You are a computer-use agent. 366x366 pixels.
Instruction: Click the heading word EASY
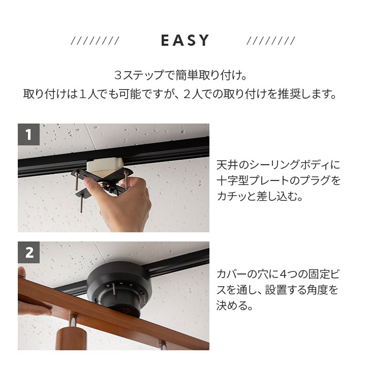(x=185, y=41)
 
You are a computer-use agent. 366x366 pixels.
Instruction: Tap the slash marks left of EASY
(x=95, y=41)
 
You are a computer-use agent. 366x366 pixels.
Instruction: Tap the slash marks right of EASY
(x=270, y=41)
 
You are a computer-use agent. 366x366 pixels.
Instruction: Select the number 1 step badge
(x=28, y=135)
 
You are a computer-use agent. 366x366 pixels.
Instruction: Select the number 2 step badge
(x=28, y=253)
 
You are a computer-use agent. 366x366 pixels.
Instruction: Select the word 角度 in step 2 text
(x=319, y=290)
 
